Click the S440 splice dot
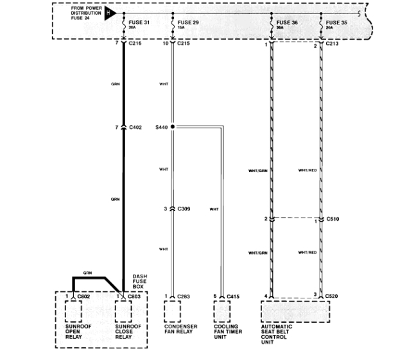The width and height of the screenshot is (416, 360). (x=173, y=127)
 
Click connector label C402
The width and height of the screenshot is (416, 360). (x=135, y=127)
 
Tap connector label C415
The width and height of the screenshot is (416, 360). (x=234, y=296)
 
